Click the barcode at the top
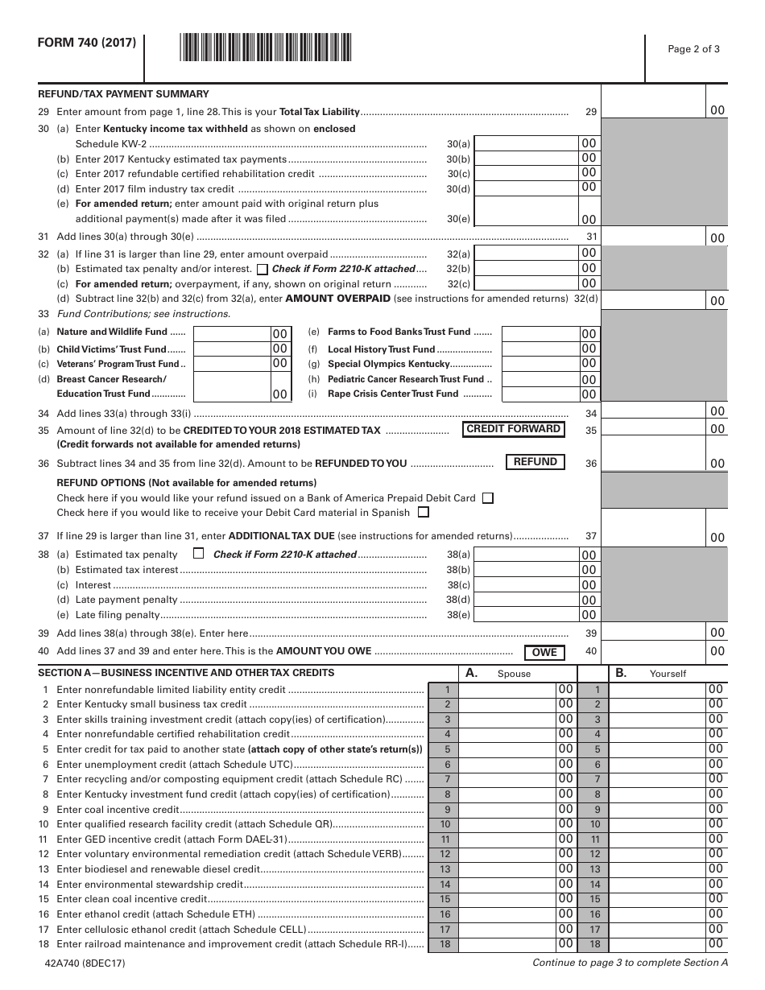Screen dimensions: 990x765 [x=265, y=46]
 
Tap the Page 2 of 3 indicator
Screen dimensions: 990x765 [x=693, y=48]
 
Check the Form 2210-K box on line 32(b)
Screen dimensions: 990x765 [x=263, y=269]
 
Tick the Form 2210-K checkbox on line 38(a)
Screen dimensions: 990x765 [x=199, y=554]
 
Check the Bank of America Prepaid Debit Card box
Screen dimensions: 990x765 [x=487, y=498]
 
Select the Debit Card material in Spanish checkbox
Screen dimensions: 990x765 [x=424, y=512]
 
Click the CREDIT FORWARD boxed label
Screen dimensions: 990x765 [x=513, y=429]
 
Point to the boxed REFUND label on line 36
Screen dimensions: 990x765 [x=535, y=462]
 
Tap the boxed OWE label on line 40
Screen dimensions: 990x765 [x=544, y=652]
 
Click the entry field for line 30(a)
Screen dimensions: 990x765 [x=527, y=143]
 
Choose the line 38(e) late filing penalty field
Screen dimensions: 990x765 [x=527, y=615]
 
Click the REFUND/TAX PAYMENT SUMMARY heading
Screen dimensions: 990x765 [x=123, y=94]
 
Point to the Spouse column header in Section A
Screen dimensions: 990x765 [x=514, y=674]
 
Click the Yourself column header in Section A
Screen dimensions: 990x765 [x=668, y=674]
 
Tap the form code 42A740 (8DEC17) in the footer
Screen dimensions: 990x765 [x=80, y=963]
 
